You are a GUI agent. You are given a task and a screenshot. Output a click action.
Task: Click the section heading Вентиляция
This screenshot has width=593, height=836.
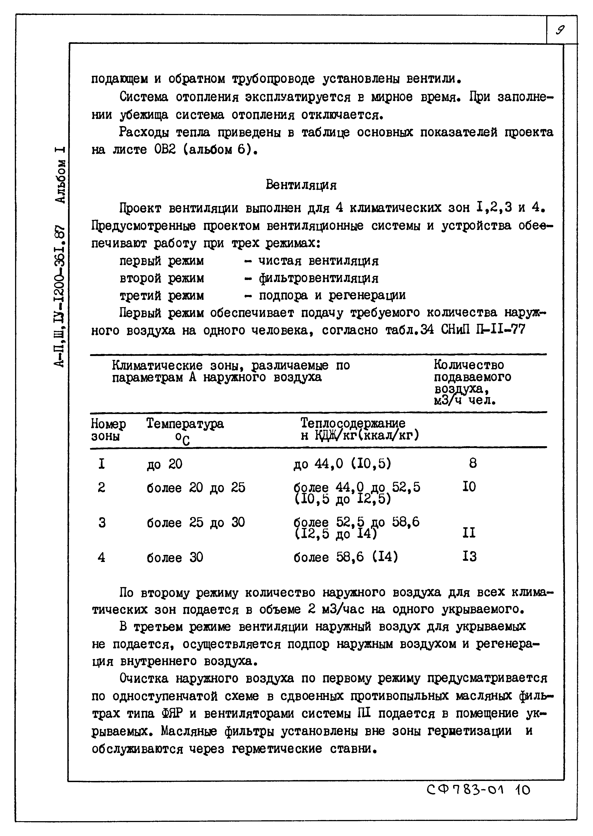coord(301,185)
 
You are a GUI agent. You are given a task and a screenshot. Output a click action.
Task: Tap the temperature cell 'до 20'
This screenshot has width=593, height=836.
coord(164,464)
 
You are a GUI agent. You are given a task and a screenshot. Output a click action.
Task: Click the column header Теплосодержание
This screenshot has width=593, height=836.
coord(353,423)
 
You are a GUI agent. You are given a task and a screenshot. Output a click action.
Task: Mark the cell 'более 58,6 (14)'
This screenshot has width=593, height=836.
coord(345,557)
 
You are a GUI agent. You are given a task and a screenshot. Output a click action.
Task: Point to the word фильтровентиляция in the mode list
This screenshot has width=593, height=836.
coord(318,279)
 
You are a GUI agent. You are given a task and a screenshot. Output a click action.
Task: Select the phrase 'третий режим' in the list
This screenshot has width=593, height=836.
coord(162,295)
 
